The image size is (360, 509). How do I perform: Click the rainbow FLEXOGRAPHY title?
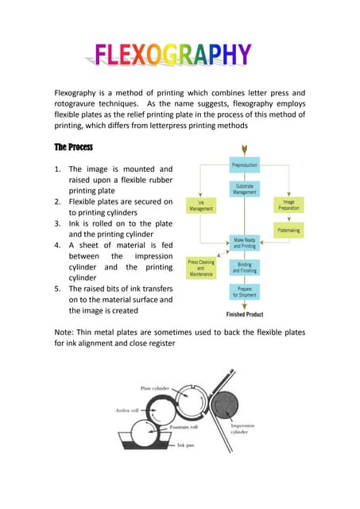172,55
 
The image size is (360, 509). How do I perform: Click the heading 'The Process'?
75,147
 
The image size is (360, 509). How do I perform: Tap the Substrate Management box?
243,188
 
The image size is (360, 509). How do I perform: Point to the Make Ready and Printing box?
244,243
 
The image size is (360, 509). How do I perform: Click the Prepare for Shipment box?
244,292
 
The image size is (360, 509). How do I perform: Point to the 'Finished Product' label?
244,314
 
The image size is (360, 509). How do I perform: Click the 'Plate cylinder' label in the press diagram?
157,388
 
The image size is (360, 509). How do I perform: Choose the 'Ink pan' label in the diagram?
186,445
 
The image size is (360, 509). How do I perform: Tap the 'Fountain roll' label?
184,427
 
